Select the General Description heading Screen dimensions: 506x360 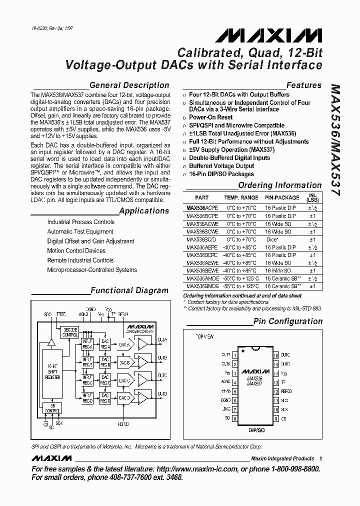coord(129,85)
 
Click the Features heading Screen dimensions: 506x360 coord(303,85)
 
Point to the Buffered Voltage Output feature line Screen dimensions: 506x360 coord(221,166)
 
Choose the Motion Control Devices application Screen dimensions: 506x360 coord(76,251)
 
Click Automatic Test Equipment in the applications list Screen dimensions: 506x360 coord(80,231)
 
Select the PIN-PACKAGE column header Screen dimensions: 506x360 coord(281,198)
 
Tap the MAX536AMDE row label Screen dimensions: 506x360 coord(202,278)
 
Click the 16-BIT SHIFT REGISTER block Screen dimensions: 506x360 coord(52,370)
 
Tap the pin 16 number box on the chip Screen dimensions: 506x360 coord(275,356)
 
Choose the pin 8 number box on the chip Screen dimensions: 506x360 coord(234,418)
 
